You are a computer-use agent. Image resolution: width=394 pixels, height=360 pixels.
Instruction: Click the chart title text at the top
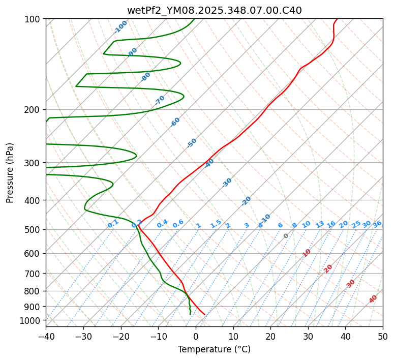(x=214, y=10)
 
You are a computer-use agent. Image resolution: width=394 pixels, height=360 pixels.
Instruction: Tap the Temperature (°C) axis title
(x=214, y=349)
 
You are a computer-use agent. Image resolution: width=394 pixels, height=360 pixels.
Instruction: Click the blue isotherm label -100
(x=120, y=27)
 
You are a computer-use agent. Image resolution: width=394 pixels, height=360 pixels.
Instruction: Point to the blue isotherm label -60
(x=175, y=122)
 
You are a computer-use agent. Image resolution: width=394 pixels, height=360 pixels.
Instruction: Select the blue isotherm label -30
(x=227, y=183)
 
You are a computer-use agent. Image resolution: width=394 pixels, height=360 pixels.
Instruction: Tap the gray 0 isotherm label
(x=286, y=236)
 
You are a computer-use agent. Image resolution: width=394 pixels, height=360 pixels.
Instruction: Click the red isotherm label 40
(x=373, y=299)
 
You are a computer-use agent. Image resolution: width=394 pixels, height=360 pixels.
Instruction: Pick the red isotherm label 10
(x=307, y=253)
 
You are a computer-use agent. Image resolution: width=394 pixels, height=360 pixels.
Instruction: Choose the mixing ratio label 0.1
(x=113, y=223)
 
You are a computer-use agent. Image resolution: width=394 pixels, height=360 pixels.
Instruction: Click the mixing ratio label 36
(x=377, y=224)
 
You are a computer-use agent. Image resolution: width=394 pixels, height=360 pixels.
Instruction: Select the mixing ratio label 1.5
(x=216, y=223)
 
